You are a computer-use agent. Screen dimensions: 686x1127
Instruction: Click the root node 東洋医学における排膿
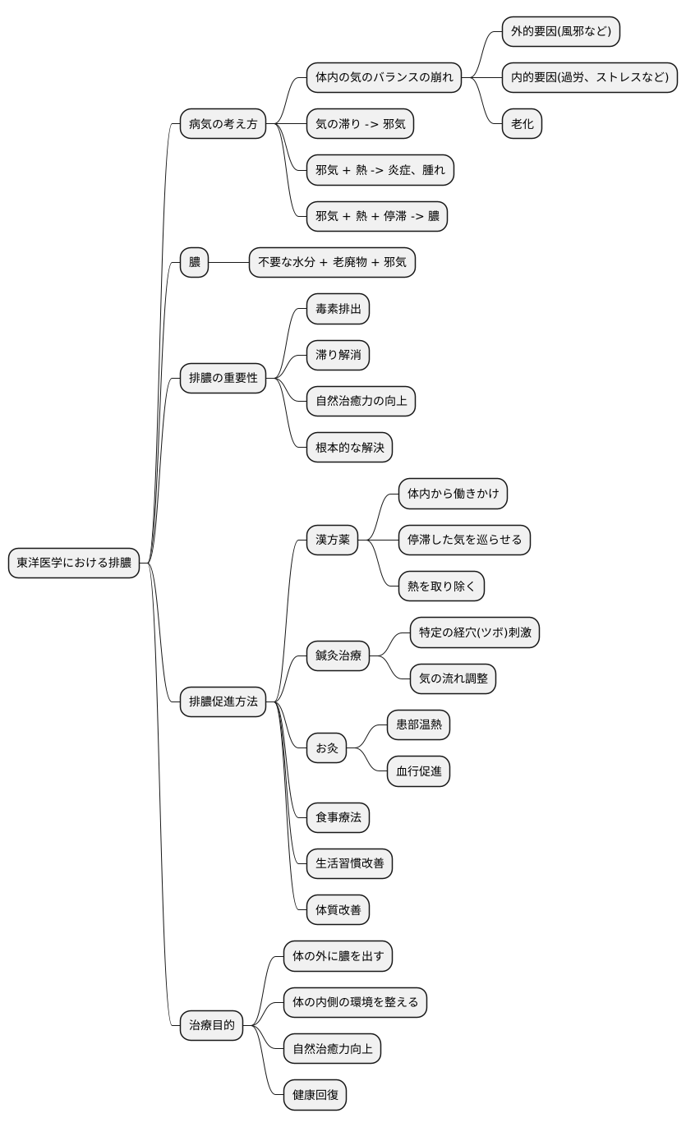pos(73,563)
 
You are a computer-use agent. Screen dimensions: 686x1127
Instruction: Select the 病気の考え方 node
pos(223,123)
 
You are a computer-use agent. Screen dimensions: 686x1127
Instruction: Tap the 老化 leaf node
pos(522,123)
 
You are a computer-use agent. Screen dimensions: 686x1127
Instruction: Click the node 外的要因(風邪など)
pos(560,31)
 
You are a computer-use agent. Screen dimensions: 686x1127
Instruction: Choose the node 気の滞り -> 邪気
pos(360,123)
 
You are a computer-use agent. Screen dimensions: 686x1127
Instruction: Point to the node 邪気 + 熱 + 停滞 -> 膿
pos(377,216)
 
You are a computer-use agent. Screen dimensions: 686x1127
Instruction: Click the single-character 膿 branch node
pos(194,262)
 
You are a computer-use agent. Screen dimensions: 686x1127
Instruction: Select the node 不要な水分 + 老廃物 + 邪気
pos(332,262)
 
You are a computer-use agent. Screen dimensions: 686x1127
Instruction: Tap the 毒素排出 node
pos(338,309)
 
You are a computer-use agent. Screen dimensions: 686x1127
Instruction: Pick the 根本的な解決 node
pos(349,448)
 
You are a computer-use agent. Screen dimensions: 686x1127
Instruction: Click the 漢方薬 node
pos(332,540)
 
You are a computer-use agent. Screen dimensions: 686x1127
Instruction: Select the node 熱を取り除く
pos(441,586)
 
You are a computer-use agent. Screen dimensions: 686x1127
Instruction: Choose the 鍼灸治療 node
pos(338,655)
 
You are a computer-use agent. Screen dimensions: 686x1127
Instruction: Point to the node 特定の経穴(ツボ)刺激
pos(475,632)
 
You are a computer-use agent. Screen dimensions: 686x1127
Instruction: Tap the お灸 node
pos(327,748)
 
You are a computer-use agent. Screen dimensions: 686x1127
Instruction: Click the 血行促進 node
pos(418,771)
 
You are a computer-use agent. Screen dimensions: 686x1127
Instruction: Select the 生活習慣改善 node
pos(349,863)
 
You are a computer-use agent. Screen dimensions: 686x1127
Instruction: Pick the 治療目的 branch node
pos(211,1025)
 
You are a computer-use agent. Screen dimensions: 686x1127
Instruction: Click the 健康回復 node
pos(315,1095)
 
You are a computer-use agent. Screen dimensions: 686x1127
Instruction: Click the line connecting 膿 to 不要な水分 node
pos(228,262)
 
